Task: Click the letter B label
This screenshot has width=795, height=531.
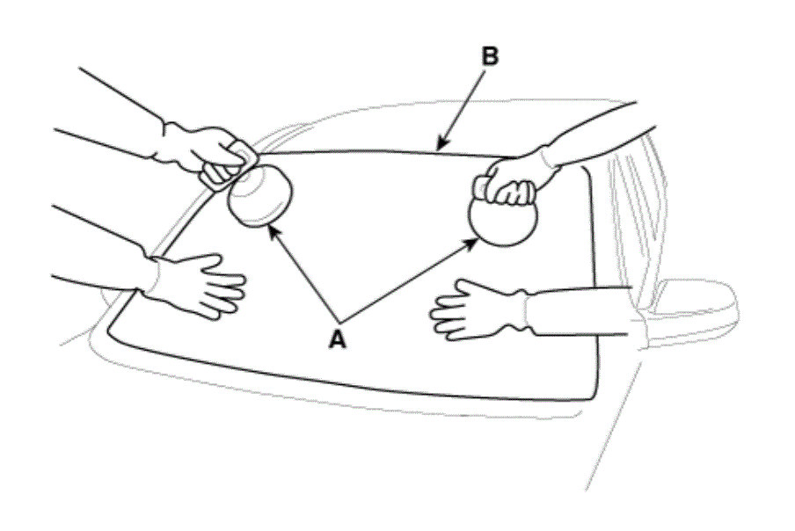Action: click(x=490, y=56)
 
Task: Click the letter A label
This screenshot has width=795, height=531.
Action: click(x=338, y=339)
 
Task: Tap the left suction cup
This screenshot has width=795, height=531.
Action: click(x=260, y=195)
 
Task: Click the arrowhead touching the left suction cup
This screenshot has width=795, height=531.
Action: click(x=274, y=233)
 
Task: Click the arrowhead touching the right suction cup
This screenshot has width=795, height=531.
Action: click(x=471, y=244)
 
